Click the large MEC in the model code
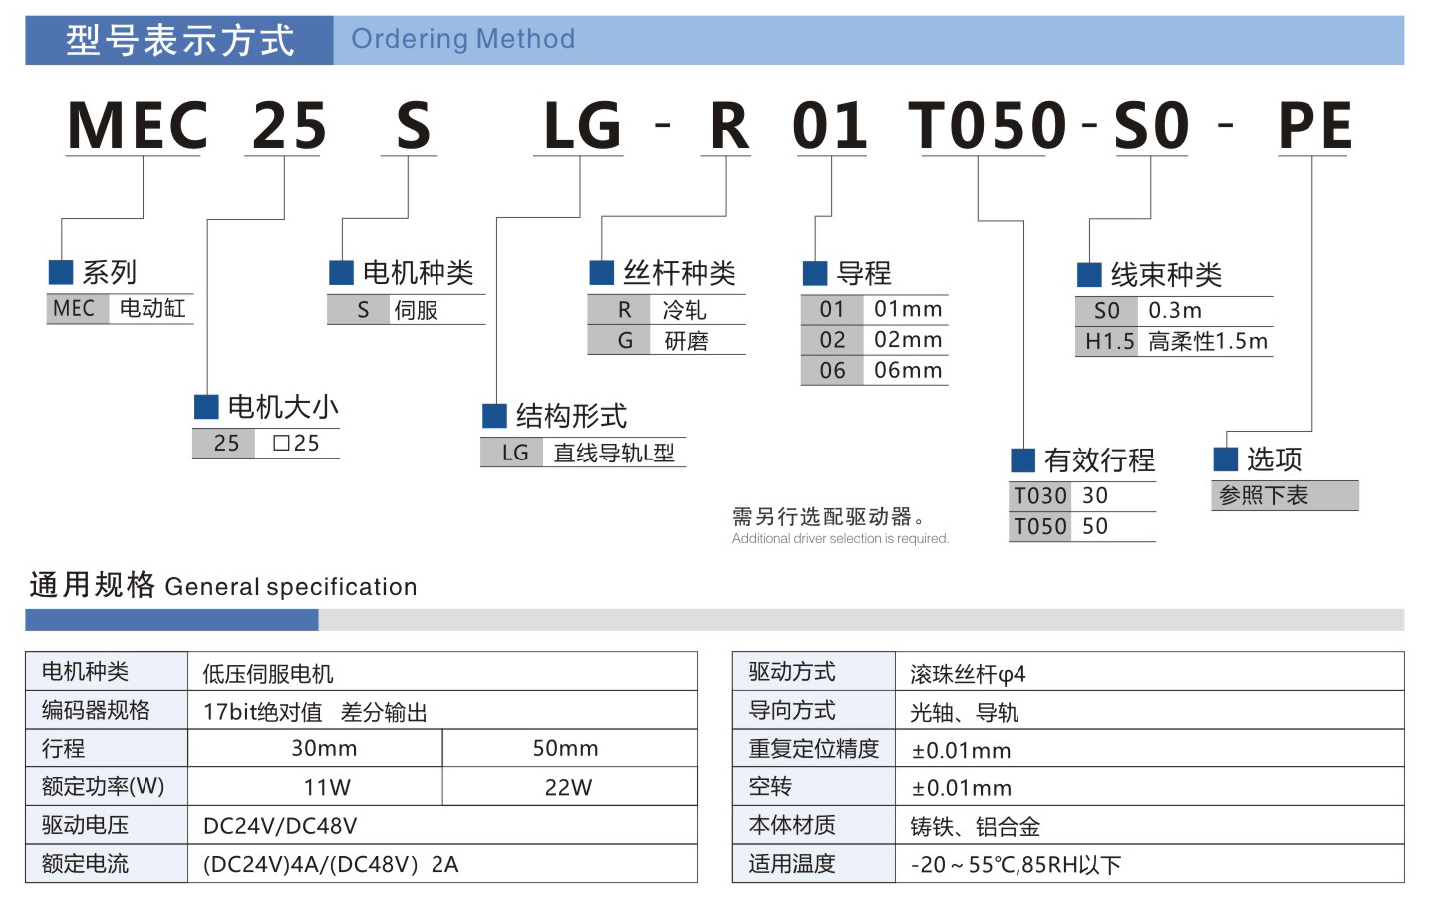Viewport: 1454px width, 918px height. [x=137, y=125]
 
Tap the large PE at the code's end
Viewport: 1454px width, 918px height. [x=1315, y=125]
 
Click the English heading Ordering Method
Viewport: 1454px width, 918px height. [x=462, y=39]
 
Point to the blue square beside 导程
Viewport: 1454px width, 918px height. [x=814, y=273]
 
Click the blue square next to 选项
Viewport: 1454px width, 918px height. [x=1225, y=459]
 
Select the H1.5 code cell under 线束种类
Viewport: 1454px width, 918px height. [x=1106, y=341]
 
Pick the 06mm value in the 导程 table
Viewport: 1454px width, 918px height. [x=908, y=370]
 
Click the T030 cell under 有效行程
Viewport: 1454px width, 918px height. [x=1039, y=496]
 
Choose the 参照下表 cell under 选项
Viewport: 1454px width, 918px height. [x=1285, y=496]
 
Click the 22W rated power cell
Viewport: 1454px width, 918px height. [x=569, y=787]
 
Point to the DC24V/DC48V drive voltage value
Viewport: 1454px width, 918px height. [x=280, y=826]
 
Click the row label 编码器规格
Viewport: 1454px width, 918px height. [x=96, y=710]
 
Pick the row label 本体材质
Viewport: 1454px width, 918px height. [x=792, y=825]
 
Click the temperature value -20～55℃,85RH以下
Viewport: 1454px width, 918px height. [x=1016, y=865]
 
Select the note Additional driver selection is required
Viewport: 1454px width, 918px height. [x=840, y=539]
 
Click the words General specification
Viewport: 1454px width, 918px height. [x=291, y=587]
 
